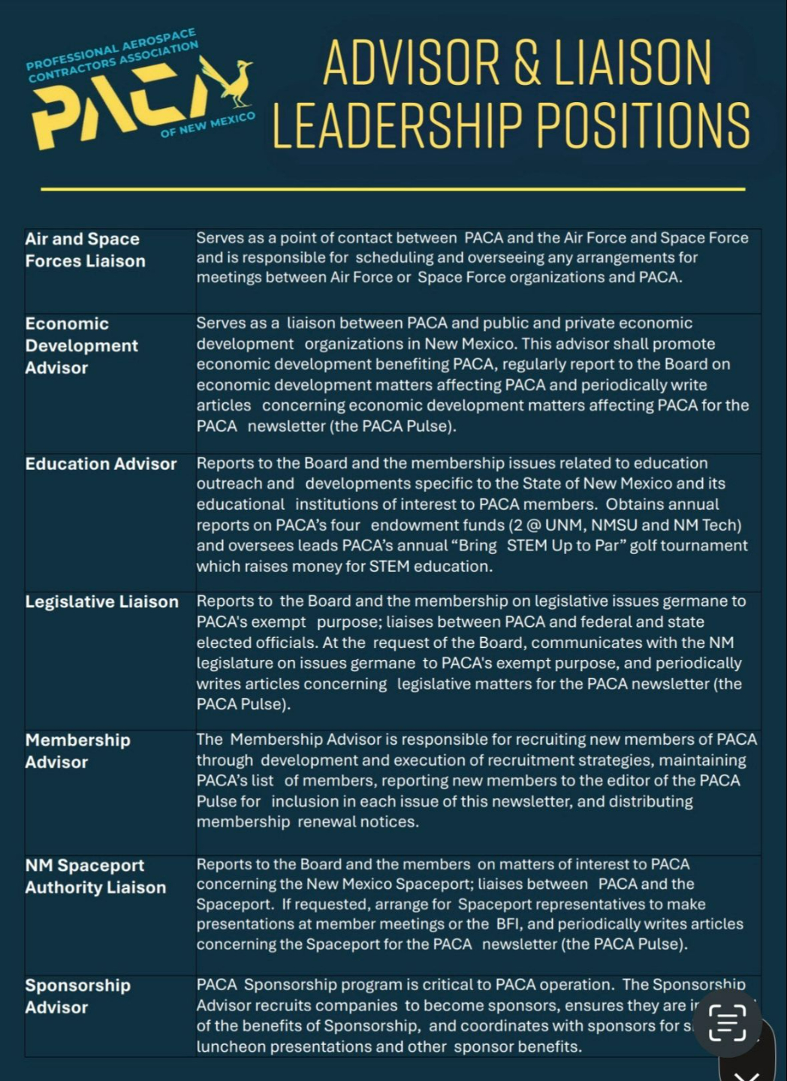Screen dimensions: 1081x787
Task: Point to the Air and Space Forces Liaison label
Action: [x=85, y=250]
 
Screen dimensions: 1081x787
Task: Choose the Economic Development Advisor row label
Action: [x=81, y=345]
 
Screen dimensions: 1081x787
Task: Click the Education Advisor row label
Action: [x=101, y=464]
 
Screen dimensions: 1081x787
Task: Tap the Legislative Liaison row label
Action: [x=101, y=602]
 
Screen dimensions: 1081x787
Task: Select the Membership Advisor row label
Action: [x=77, y=751]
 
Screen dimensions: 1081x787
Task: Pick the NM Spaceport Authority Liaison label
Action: [x=95, y=876]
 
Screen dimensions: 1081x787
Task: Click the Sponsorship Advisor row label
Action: [x=77, y=996]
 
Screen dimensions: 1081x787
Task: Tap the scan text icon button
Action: [x=727, y=1022]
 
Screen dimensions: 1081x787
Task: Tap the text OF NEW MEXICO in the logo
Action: [x=207, y=125]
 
